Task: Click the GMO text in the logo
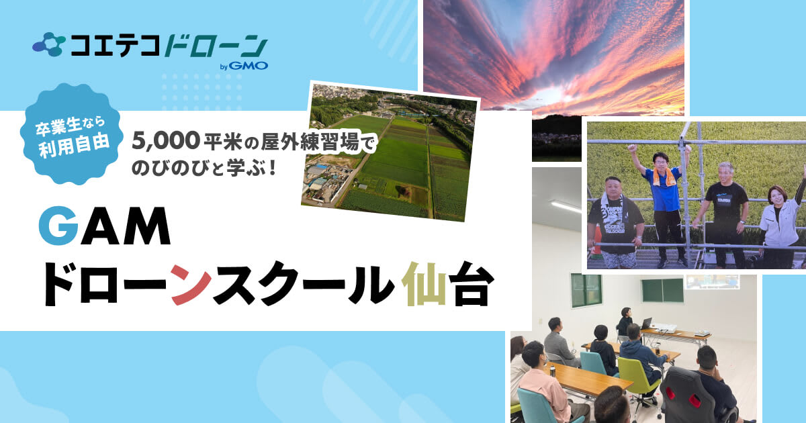(251, 66)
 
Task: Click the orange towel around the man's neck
(665, 175)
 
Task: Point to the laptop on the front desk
(647, 324)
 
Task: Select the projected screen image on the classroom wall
(712, 281)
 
